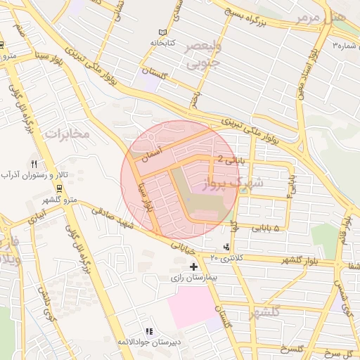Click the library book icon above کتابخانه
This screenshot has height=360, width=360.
(163, 32)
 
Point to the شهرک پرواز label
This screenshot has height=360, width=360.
(232, 184)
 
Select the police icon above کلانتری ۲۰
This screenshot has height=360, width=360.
(226, 247)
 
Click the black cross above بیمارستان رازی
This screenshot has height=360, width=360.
(194, 267)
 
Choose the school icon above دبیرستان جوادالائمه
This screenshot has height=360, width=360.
(148, 331)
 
